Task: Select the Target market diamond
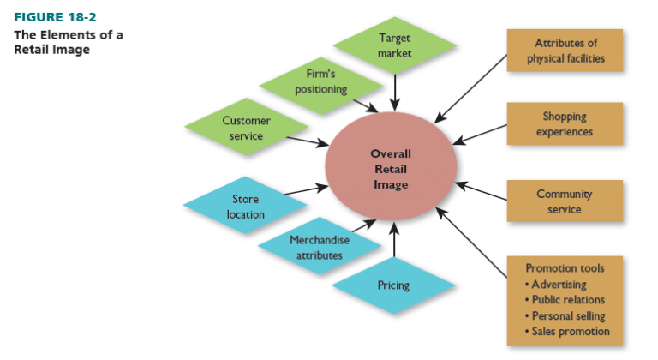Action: click(394, 45)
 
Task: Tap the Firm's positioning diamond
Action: click(320, 82)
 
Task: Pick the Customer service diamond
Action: click(247, 129)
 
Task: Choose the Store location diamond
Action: click(246, 207)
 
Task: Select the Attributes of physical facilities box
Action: click(564, 51)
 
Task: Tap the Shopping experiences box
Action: click(564, 124)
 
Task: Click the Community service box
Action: click(564, 201)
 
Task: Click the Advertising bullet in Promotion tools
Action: click(559, 285)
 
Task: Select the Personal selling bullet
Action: click(567, 315)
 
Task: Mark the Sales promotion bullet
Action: click(570, 331)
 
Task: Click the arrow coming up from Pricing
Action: click(394, 241)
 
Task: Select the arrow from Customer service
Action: click(307, 141)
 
